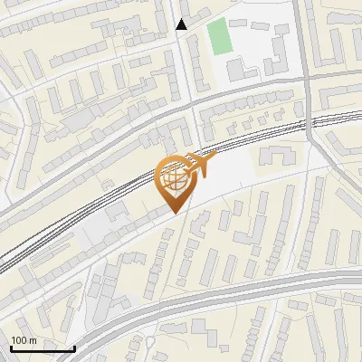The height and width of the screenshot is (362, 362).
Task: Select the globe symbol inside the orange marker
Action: point(173,180)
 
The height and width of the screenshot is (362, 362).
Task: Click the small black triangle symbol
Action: point(182,24)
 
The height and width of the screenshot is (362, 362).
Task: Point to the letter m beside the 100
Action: point(33,340)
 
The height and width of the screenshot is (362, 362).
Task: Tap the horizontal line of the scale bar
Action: point(43,348)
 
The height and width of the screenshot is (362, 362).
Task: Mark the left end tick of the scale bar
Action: point(12,347)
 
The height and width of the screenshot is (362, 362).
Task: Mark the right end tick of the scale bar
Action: point(74,347)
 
